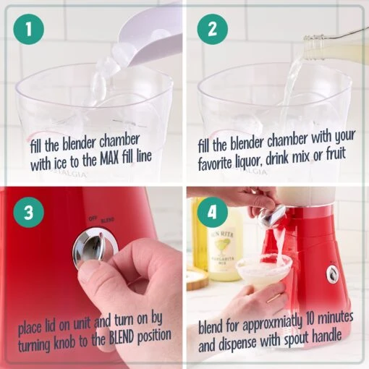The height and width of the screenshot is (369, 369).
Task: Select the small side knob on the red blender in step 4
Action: coord(332,273)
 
